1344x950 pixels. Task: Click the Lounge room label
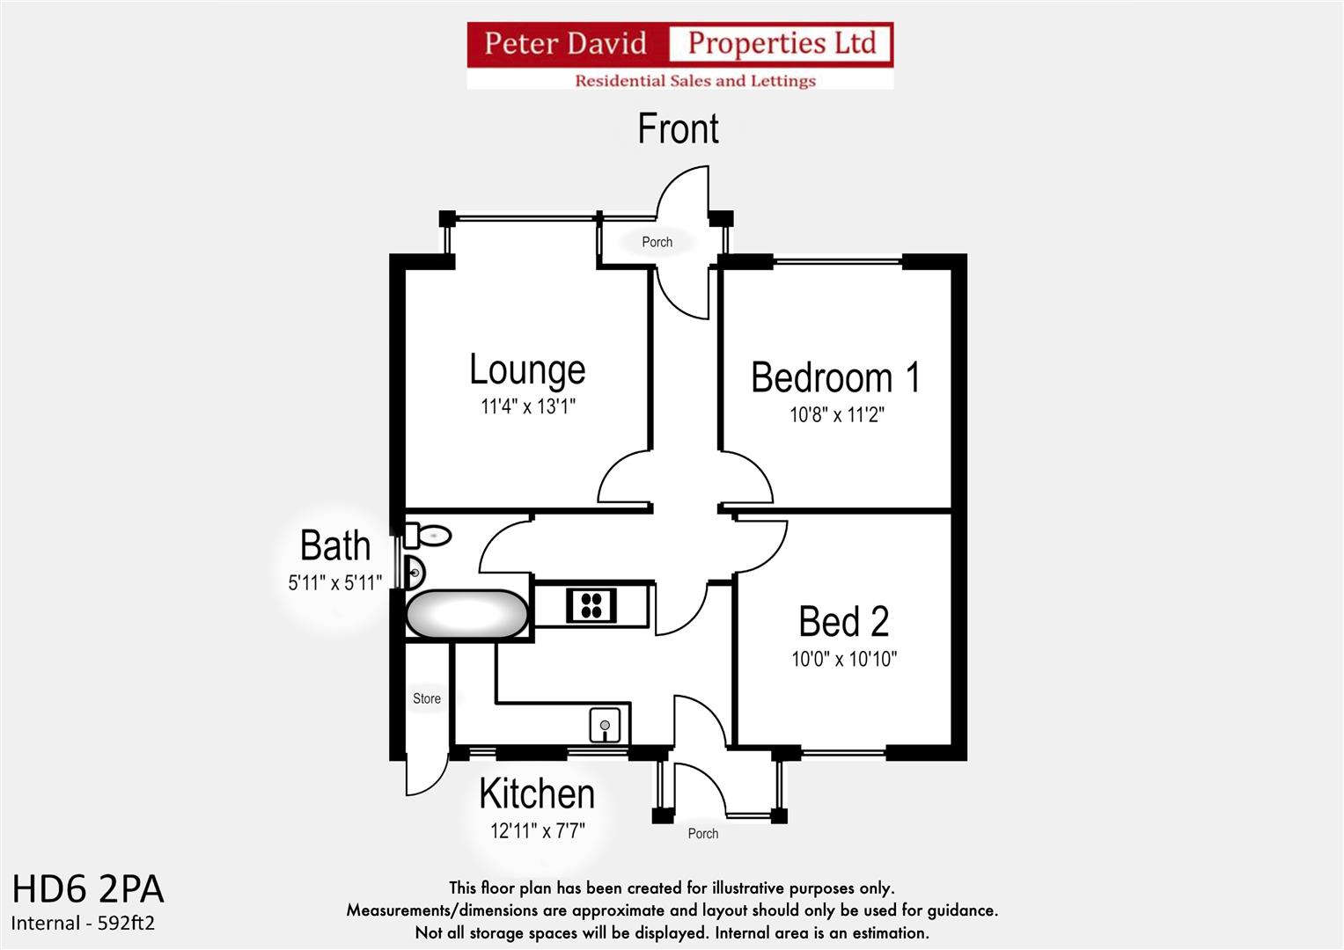pyautogui.click(x=527, y=369)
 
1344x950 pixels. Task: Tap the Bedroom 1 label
pyautogui.click(x=835, y=377)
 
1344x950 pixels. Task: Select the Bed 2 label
pyautogui.click(x=843, y=622)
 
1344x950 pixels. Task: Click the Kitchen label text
pyautogui.click(x=537, y=793)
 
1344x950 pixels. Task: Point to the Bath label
pyautogui.click(x=334, y=545)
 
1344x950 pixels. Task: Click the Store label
pyautogui.click(x=427, y=698)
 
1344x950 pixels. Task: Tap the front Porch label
pyautogui.click(x=657, y=242)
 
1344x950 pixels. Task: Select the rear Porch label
pyautogui.click(x=702, y=833)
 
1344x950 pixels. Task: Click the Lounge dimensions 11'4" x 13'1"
pyautogui.click(x=527, y=406)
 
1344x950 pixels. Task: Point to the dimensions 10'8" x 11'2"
pyautogui.click(x=836, y=414)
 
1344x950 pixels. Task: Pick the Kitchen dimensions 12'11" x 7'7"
pyautogui.click(x=537, y=829)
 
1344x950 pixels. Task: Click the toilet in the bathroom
pyautogui.click(x=429, y=535)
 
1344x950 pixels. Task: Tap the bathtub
pyautogui.click(x=466, y=614)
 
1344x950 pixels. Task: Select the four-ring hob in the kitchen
pyautogui.click(x=591, y=605)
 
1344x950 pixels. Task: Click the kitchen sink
pyautogui.click(x=605, y=726)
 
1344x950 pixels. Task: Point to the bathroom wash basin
pyautogui.click(x=414, y=573)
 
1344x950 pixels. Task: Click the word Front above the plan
pyautogui.click(x=678, y=129)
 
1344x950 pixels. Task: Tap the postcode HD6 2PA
pyautogui.click(x=88, y=889)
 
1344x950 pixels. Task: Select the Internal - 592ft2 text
pyautogui.click(x=83, y=923)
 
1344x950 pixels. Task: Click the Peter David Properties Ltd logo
pyautogui.click(x=679, y=55)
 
